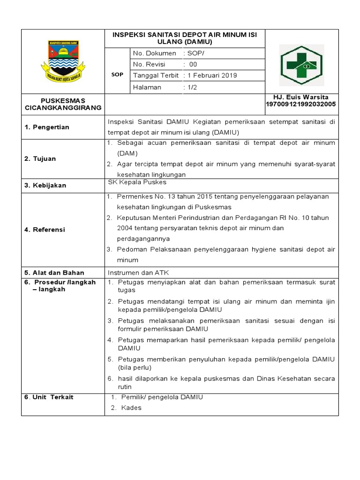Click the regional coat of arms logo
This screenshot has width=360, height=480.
pyautogui.click(x=63, y=61)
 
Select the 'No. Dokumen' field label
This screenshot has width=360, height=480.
pyautogui.click(x=155, y=53)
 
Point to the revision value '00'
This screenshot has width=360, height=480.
pyautogui.click(x=193, y=64)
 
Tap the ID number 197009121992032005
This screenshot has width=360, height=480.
pyautogui.click(x=300, y=104)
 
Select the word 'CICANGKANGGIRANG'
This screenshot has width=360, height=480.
pyautogui.click(x=63, y=107)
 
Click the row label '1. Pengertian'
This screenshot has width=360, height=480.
pyautogui.click(x=46, y=127)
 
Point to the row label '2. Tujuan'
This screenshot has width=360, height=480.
pyautogui.click(x=40, y=159)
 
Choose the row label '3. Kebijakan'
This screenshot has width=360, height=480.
pyautogui.click(x=45, y=186)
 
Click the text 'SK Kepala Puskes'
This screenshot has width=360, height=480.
pyautogui.click(x=137, y=182)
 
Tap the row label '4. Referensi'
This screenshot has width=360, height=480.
pyautogui.click(x=45, y=230)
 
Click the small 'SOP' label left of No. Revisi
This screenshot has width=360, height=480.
pyautogui.click(x=117, y=75)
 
